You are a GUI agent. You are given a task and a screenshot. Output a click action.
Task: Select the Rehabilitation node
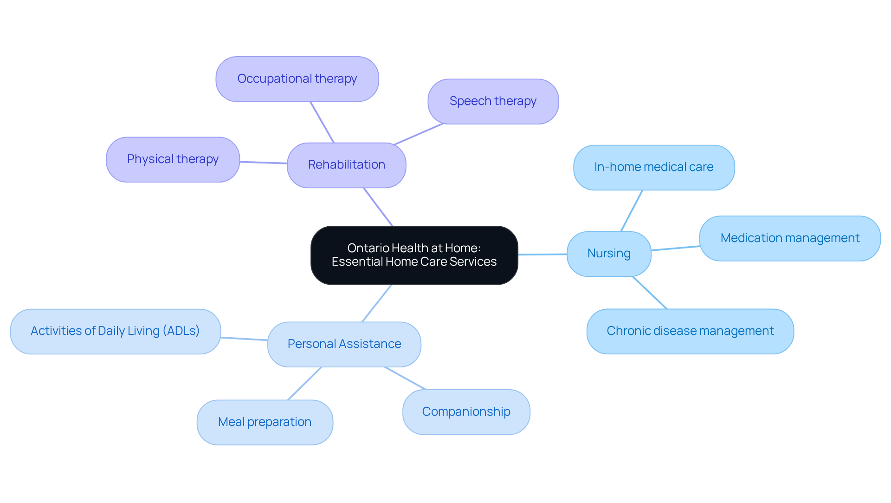[346, 165]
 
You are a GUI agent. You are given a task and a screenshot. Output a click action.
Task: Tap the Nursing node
[608, 254]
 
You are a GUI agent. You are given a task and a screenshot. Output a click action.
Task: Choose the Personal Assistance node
[344, 344]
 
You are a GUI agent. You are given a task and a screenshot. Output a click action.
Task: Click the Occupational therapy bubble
[297, 79]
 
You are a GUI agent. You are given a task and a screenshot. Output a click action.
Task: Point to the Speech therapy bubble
[493, 101]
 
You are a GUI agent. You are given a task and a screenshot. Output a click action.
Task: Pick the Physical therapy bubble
[173, 159]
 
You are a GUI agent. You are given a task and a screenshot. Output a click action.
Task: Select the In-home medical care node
[653, 167]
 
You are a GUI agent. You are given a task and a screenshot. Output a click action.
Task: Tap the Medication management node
[789, 238]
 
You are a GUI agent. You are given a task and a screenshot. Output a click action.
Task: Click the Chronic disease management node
[690, 331]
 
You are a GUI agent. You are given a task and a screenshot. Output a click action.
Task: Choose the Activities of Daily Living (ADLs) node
[115, 331]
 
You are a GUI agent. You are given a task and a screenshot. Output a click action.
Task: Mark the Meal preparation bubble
[265, 422]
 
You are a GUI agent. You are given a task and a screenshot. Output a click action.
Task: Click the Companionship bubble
[466, 412]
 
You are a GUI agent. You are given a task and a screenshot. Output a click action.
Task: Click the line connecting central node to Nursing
[542, 254]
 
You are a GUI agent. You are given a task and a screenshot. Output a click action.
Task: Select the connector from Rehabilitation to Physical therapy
[263, 163]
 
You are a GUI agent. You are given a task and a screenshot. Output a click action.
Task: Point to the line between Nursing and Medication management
[675, 248]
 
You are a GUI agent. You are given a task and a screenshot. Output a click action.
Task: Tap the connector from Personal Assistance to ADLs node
[244, 339]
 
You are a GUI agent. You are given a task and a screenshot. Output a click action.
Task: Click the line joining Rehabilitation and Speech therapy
[419, 134]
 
